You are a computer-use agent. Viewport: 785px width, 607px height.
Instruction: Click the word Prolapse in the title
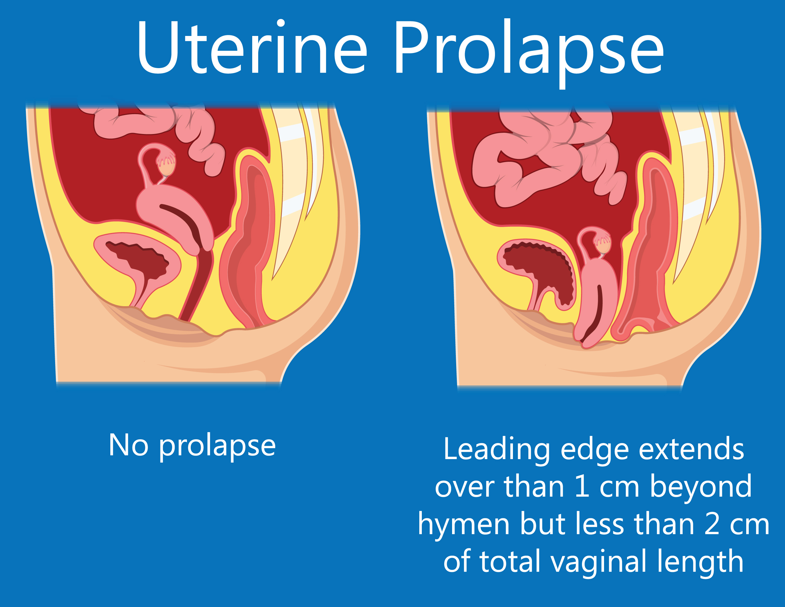tap(528, 50)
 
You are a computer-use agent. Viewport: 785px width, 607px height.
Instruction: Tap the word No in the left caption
tap(128, 446)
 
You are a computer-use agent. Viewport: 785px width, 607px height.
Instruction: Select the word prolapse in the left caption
tap(217, 447)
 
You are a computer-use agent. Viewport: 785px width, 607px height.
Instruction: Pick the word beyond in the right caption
tap(701, 487)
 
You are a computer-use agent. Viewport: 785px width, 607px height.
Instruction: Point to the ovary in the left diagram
tap(166, 166)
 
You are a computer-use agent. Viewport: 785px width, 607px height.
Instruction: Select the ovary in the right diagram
tap(603, 246)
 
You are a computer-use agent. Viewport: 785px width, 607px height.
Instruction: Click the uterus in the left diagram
tap(176, 216)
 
